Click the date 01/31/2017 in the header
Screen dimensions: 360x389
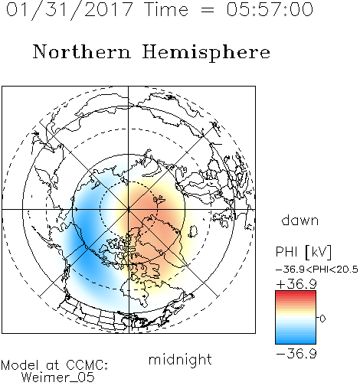[70, 10]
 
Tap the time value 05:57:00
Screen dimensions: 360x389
[270, 9]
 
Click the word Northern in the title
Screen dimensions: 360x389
[82, 51]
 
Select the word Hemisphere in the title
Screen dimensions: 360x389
[206, 53]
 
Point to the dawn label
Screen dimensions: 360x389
[300, 220]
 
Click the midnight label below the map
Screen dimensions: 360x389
[180, 359]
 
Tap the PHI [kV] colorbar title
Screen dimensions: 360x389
[303, 252]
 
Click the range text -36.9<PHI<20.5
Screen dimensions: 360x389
[317, 270]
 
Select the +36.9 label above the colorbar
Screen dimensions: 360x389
[296, 284]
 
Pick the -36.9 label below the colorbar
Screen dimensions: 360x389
[296, 354]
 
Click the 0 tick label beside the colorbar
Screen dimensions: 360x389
[322, 319]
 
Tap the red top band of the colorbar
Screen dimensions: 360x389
[296, 294]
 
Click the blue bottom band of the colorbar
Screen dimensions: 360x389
[296, 340]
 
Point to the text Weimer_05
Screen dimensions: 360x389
[58, 378]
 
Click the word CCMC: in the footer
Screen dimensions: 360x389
[87, 365]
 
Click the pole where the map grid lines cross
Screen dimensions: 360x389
[129, 209]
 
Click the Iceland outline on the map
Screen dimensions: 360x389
[193, 231]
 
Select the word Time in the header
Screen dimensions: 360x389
[166, 9]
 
